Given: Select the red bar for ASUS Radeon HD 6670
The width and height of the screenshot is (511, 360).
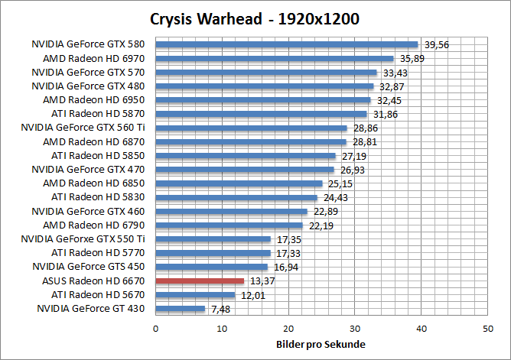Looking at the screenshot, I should (x=200, y=281).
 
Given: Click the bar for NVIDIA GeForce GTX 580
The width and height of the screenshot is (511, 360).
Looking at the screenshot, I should (x=287, y=44).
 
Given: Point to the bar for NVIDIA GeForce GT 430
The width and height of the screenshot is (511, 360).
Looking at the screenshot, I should (x=181, y=309).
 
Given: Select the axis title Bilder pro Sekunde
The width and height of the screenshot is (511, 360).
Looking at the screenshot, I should (x=321, y=344).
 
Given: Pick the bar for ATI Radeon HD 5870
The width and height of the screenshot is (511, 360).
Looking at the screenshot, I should (x=261, y=114).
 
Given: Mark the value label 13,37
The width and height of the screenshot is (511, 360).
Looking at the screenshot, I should (x=259, y=281).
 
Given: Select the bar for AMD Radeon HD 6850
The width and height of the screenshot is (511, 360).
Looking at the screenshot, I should (x=239, y=183).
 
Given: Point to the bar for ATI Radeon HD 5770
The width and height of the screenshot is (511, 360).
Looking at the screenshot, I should (x=213, y=253).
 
